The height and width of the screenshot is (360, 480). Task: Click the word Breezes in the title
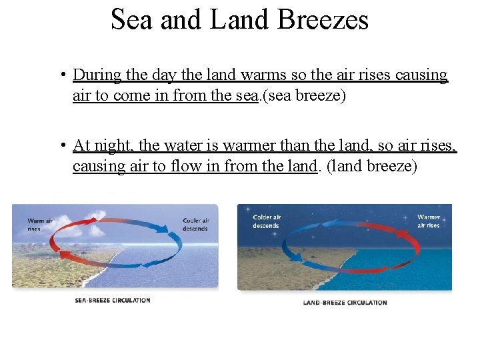point(323,19)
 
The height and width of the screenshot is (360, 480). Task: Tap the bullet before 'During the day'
point(61,75)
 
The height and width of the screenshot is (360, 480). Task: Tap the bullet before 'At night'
point(61,145)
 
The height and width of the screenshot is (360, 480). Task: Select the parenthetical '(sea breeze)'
point(303,96)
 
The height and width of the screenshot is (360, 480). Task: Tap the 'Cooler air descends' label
point(196,225)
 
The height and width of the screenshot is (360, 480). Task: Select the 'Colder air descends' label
point(267,221)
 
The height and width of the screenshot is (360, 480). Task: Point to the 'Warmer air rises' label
point(429,221)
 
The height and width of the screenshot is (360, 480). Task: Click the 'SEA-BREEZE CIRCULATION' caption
point(112,300)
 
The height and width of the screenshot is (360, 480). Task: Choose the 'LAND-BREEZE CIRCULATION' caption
point(345,303)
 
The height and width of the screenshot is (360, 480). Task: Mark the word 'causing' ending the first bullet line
point(421,75)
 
